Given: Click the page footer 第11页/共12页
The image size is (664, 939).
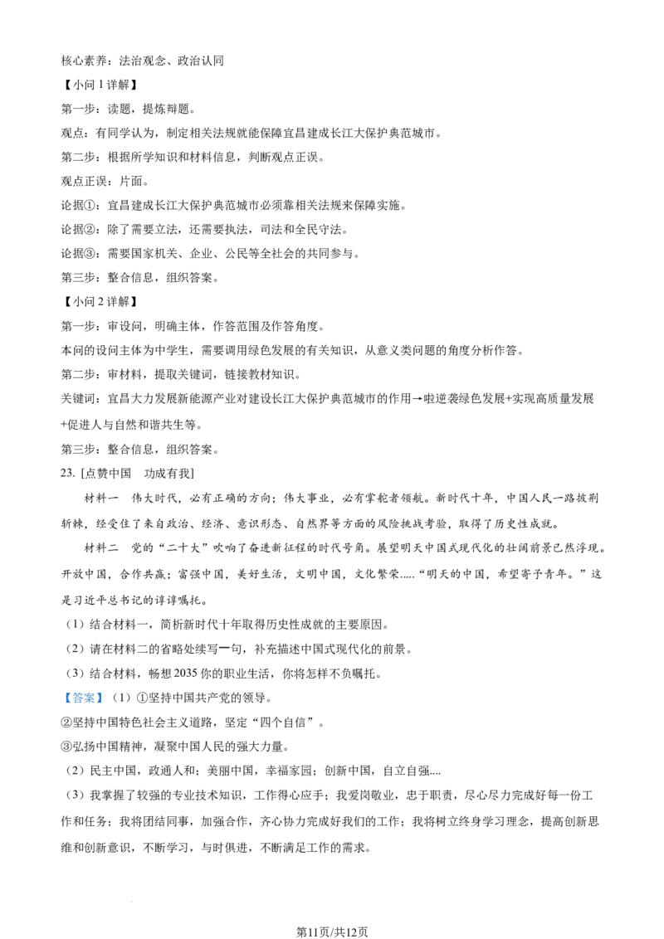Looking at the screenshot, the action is pos(332,932).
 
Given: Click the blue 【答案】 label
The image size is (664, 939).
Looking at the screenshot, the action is pos(84,698).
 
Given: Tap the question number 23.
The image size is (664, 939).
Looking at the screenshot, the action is pos(67,473).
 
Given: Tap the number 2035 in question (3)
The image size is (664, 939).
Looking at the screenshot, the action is pos(186,674).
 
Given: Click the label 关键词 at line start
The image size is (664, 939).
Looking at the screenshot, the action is pos(79,399).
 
